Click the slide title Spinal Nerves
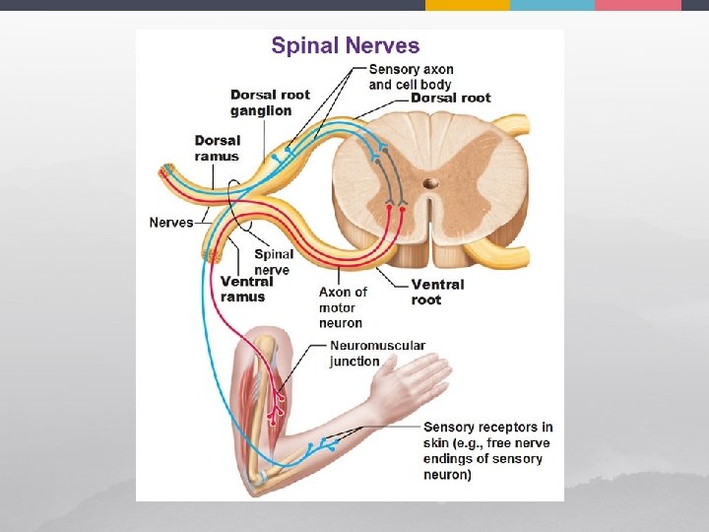click(x=345, y=45)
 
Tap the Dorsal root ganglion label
click(x=269, y=102)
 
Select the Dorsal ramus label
click(x=217, y=148)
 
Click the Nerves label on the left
click(x=170, y=222)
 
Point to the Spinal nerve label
click(x=274, y=262)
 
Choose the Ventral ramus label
click(x=246, y=289)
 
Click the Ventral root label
click(x=437, y=292)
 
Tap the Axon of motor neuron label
click(x=342, y=307)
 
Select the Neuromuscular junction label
click(x=377, y=354)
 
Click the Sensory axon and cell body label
click(x=410, y=77)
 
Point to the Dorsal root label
click(x=450, y=99)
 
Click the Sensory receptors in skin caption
click(x=487, y=450)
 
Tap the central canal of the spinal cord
click(x=431, y=183)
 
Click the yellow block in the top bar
click(x=468, y=5)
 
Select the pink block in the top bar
click(x=638, y=5)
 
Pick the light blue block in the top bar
click(x=552, y=5)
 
